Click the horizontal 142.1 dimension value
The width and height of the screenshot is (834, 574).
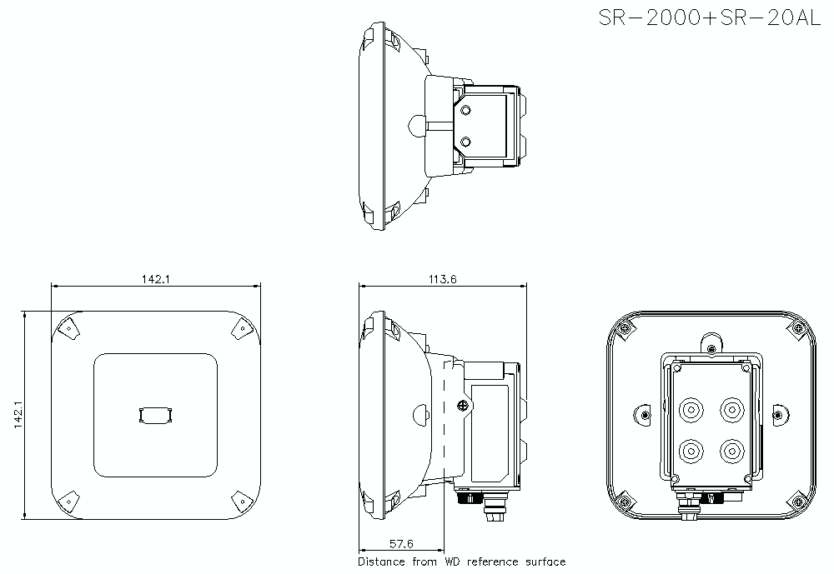[155, 279]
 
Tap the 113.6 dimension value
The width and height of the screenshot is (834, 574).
[442, 279]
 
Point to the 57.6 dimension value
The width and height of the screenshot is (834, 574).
[400, 545]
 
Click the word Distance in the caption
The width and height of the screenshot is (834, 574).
[383, 562]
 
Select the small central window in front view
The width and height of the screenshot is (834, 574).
[156, 414]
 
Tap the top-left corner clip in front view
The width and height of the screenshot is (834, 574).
[68, 327]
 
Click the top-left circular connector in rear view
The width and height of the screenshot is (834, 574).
[691, 410]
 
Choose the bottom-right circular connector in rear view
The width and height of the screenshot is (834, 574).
[731, 451]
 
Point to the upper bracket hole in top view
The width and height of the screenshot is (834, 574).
[466, 111]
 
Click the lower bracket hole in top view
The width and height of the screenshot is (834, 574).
[466, 142]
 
